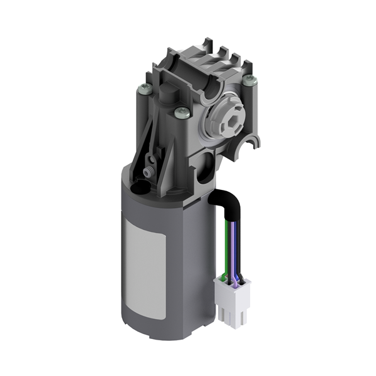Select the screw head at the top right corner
coord(250,79)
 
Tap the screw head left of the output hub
coord(183,113)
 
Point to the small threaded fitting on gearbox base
coord(148,170)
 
